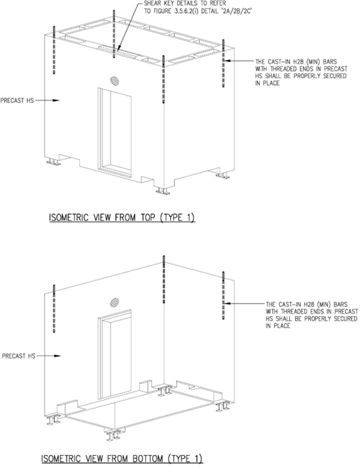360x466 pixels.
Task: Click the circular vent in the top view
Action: (115, 80)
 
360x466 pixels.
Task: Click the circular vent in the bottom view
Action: (115, 303)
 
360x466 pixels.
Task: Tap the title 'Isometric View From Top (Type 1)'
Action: (122, 218)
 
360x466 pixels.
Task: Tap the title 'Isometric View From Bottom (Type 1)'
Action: (122, 458)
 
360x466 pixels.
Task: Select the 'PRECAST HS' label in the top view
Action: (17, 100)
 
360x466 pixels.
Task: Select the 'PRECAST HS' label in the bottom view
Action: (18, 355)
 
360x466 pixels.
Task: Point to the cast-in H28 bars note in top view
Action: (301, 72)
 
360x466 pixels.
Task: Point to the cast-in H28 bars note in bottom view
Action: (312, 315)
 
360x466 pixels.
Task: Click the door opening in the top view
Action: (115, 132)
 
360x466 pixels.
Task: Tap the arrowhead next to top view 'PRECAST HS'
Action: (56, 100)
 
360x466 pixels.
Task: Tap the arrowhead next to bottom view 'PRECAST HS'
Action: (57, 355)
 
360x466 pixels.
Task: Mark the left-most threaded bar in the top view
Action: (54, 50)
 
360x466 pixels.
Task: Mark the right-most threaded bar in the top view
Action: (224, 63)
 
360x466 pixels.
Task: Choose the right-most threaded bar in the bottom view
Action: (224, 295)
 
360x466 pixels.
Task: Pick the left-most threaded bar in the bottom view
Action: (54, 308)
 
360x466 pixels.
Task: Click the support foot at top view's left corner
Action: (53, 162)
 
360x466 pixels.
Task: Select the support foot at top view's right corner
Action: (223, 175)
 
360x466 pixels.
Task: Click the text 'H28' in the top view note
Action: (300, 62)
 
